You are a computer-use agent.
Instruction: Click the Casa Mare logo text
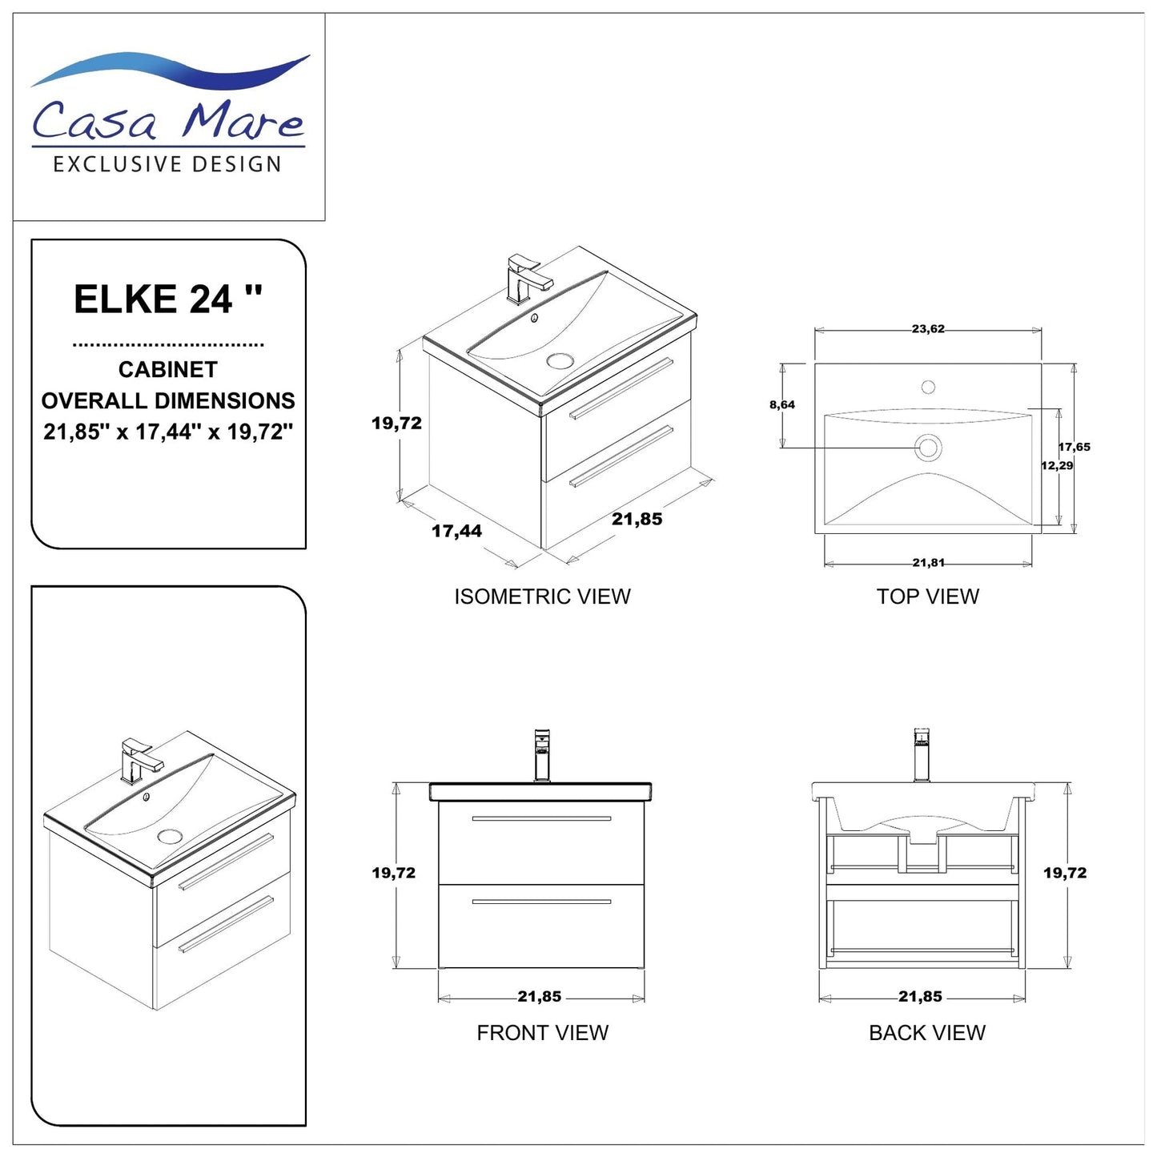[x=168, y=120]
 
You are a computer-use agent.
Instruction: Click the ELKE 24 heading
[x=168, y=299]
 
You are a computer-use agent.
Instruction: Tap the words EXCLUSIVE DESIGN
[x=167, y=165]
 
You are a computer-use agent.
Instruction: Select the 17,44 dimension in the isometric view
[x=456, y=531]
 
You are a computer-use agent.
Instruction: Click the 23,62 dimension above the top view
[x=927, y=328]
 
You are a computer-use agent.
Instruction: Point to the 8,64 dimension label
[x=782, y=405]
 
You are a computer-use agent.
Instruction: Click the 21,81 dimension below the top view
[x=928, y=563]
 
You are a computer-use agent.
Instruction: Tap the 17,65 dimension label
[x=1075, y=447]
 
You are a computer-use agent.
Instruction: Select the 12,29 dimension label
[x=1057, y=465]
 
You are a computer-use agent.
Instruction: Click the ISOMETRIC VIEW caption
[x=542, y=597]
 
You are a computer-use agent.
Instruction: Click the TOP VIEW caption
[x=927, y=597]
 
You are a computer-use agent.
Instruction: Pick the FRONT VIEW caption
[x=542, y=1033]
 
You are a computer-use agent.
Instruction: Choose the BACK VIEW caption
[x=926, y=1033]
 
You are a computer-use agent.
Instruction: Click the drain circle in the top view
[x=928, y=447]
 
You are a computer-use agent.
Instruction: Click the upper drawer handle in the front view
[x=541, y=818]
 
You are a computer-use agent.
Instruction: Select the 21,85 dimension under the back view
[x=920, y=997]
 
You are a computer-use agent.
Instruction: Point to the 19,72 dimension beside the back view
[x=1064, y=873]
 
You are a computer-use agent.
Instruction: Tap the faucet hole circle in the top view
[x=928, y=388]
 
